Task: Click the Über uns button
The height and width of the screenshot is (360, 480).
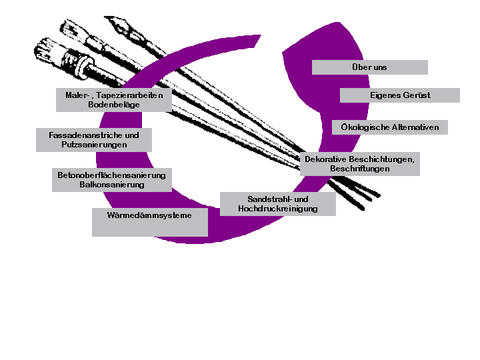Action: point(369,67)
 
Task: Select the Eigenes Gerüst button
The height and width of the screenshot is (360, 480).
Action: point(400,95)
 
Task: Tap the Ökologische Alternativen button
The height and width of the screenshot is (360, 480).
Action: point(390,127)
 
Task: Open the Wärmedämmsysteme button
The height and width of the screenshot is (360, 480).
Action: point(149,215)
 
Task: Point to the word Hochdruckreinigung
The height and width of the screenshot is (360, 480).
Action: point(277,209)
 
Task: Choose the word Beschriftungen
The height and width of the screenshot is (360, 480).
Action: point(360,169)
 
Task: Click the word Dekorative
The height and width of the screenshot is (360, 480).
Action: point(326,159)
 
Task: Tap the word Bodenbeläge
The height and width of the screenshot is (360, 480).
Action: point(113,105)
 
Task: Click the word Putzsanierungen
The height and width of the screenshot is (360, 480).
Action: point(94,144)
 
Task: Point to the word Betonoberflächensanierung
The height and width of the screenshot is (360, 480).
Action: point(111,175)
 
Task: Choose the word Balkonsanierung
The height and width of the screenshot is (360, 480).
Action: point(111,184)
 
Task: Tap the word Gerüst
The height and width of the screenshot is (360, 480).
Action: point(417,95)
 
